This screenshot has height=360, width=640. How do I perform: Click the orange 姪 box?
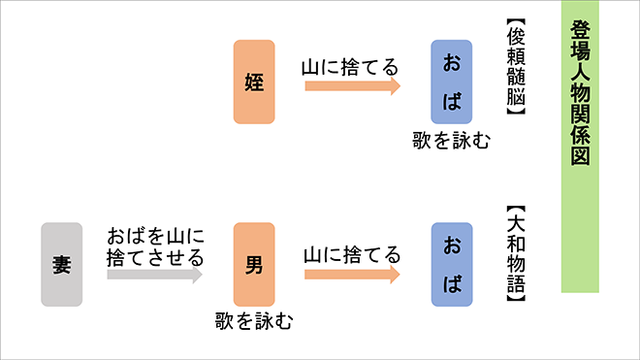coord(254,82)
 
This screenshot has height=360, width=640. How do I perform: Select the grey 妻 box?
coord(62,264)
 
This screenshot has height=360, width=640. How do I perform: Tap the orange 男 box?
coord(254,264)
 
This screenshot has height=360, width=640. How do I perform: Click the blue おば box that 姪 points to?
coord(451,82)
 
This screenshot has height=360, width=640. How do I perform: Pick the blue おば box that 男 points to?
coord(451,264)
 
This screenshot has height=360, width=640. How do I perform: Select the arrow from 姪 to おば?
coord(352,86)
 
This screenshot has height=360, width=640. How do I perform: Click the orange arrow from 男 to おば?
coord(352,274)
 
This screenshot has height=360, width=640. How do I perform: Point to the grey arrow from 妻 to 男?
coord(155,275)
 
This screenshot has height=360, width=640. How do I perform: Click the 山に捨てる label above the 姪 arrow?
coord(351,67)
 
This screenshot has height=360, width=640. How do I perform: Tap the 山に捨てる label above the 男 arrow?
coord(351,254)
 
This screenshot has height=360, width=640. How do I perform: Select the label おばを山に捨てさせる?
coord(156,246)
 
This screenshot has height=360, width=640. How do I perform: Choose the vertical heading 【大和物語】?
coord(516,255)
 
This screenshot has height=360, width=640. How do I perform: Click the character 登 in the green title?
coord(581,31)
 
